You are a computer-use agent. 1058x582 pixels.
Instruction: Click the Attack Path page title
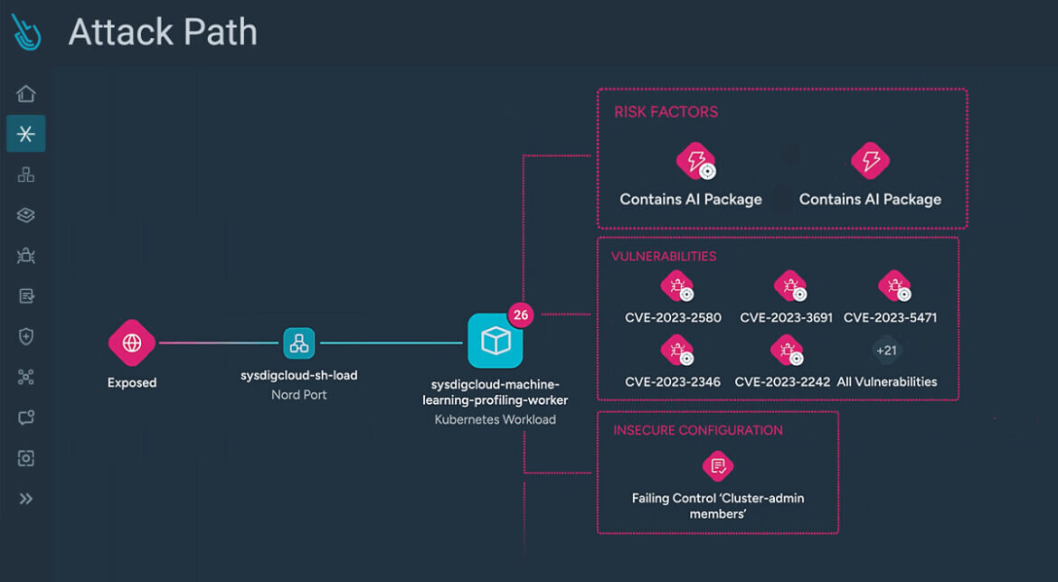[x=163, y=33]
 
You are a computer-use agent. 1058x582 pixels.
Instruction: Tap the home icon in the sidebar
[x=26, y=94]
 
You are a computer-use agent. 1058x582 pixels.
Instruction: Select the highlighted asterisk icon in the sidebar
[x=26, y=134]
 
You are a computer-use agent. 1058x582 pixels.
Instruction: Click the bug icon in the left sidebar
[x=26, y=256]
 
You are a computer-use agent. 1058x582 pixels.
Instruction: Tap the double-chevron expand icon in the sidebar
[x=26, y=499]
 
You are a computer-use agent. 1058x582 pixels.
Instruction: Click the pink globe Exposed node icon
[x=132, y=343]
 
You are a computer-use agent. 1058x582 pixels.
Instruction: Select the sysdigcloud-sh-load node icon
[x=298, y=343]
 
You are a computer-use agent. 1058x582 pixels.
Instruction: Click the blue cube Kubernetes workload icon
[x=495, y=342]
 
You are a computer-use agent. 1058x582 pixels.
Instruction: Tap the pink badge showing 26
[x=520, y=314]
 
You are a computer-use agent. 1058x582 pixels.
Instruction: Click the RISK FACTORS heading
[x=666, y=112]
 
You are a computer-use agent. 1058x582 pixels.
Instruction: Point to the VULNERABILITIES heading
[x=664, y=257]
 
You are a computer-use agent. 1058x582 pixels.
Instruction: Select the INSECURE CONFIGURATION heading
[x=698, y=430]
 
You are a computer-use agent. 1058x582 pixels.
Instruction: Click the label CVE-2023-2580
[x=673, y=317]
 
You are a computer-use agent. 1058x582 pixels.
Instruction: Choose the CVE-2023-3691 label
[x=786, y=317]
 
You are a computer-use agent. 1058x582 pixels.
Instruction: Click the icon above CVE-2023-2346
[x=675, y=349]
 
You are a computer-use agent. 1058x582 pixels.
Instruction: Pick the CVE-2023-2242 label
[x=782, y=381]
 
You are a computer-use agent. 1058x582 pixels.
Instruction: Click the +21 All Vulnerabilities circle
[x=886, y=351]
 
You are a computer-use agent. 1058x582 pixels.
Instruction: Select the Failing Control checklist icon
[x=718, y=465]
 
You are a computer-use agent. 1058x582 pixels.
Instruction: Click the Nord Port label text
[x=298, y=395]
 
